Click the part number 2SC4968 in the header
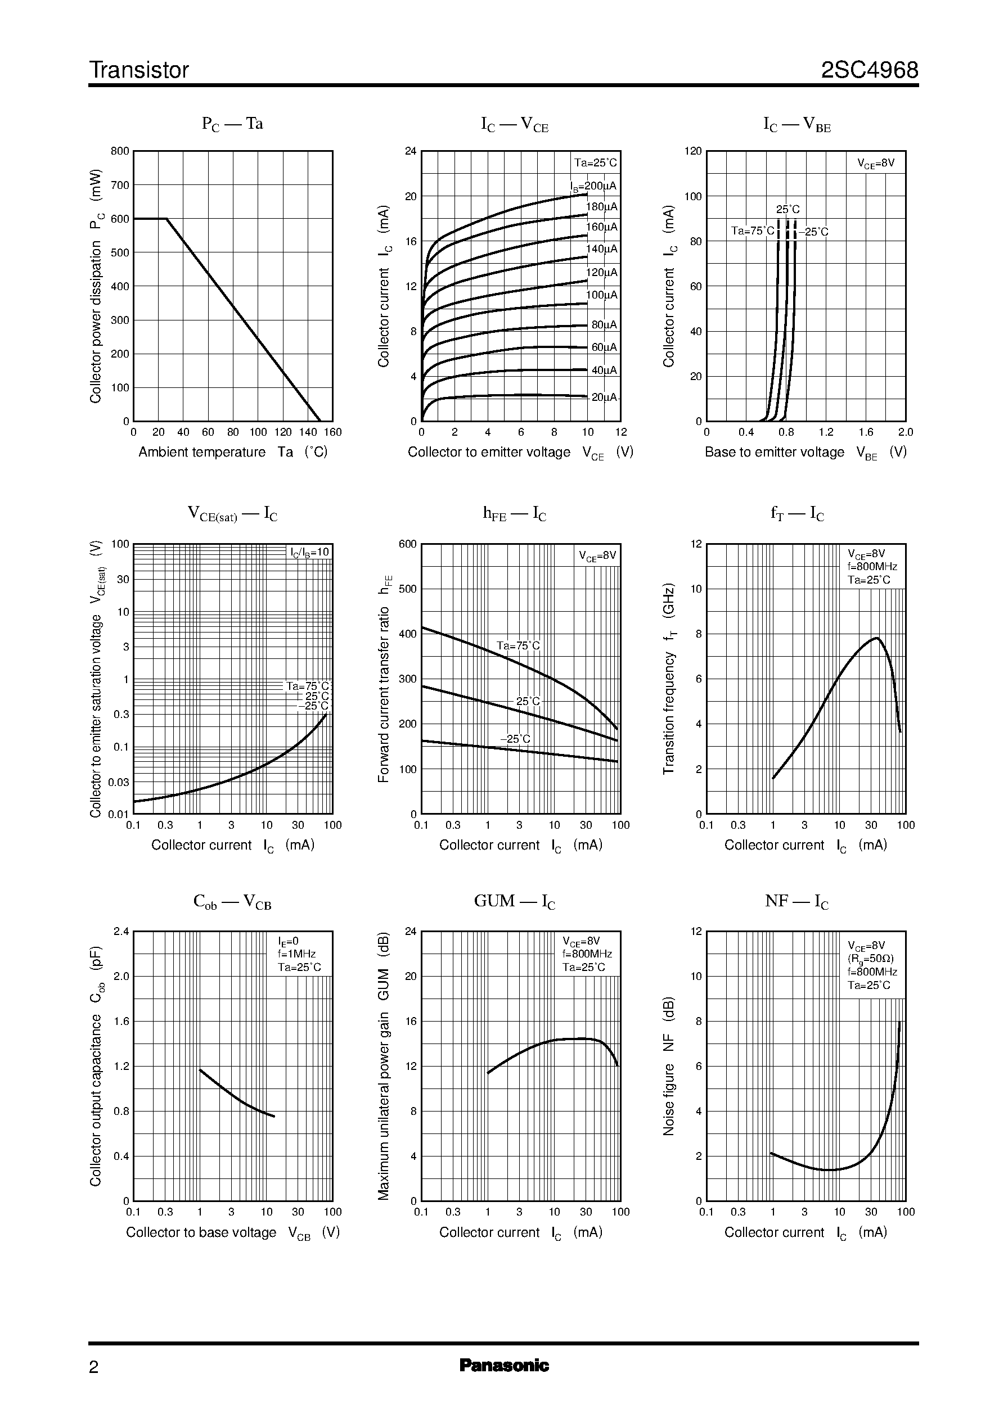[869, 70]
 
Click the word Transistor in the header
[139, 70]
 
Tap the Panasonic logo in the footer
[504, 1365]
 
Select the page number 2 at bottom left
[94, 1367]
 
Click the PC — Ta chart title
[232, 124]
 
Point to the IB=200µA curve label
[593, 186]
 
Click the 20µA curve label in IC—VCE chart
[604, 397]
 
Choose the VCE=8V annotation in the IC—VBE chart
[876, 163]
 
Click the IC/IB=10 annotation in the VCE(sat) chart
[310, 552]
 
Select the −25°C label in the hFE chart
[515, 739]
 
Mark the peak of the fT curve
[876, 638]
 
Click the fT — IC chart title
[797, 514]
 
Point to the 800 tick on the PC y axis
[120, 151]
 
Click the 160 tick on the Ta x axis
[332, 432]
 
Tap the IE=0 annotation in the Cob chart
[288, 941]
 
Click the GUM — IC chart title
[515, 901]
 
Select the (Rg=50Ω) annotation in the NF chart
[871, 959]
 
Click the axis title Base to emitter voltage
[774, 452]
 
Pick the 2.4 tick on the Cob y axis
[121, 931]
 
